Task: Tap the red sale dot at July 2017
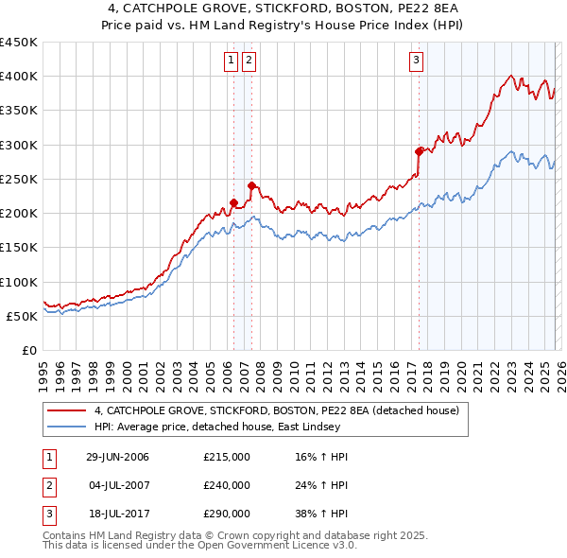coord(419,150)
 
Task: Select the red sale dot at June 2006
coord(233,202)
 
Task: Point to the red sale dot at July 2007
coord(250,185)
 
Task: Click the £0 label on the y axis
coord(28,350)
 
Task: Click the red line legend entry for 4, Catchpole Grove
coord(276,410)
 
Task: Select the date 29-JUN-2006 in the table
coord(117,457)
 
